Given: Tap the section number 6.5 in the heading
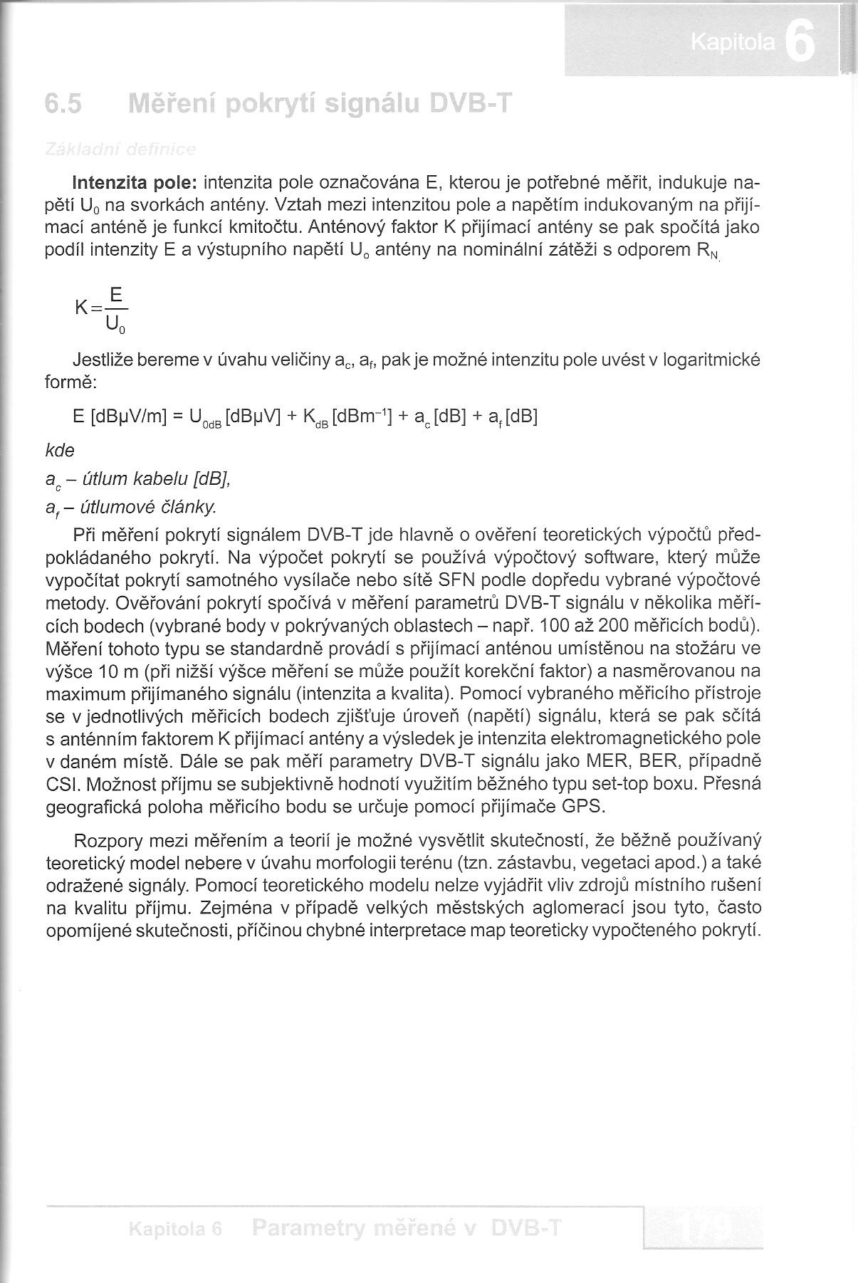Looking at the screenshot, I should coord(63,105).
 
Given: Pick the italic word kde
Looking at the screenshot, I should coord(60,450).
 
